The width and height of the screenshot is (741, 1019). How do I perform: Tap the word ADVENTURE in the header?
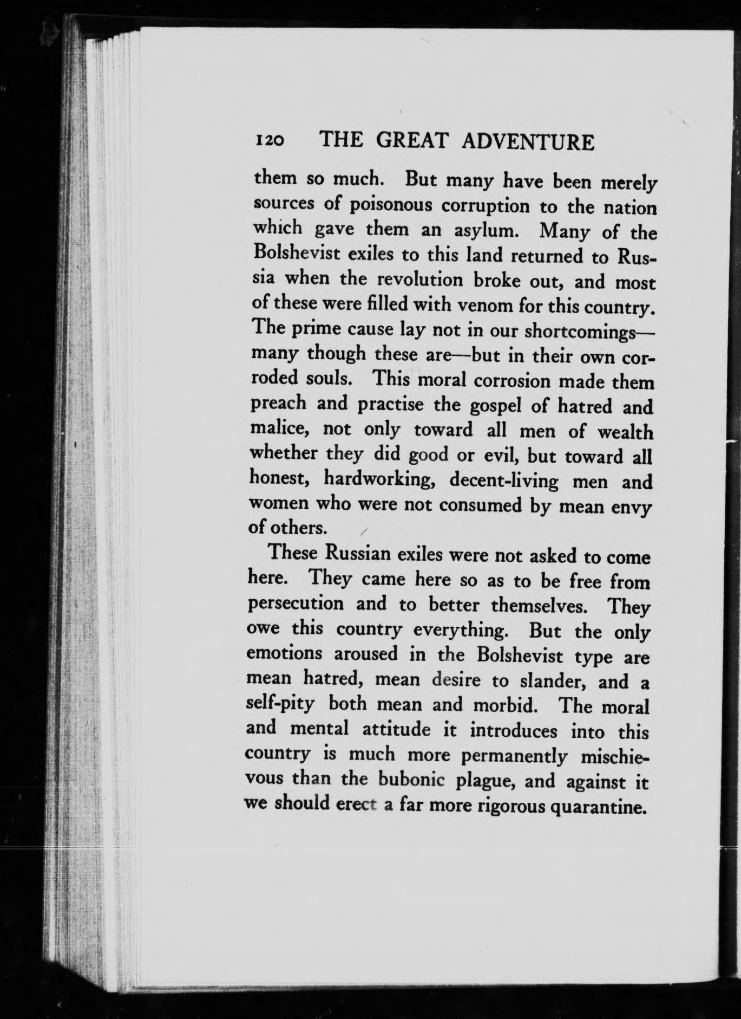click(x=529, y=142)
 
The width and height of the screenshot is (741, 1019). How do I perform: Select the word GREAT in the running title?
click(x=412, y=141)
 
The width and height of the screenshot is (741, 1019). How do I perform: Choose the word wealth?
click(x=625, y=432)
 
